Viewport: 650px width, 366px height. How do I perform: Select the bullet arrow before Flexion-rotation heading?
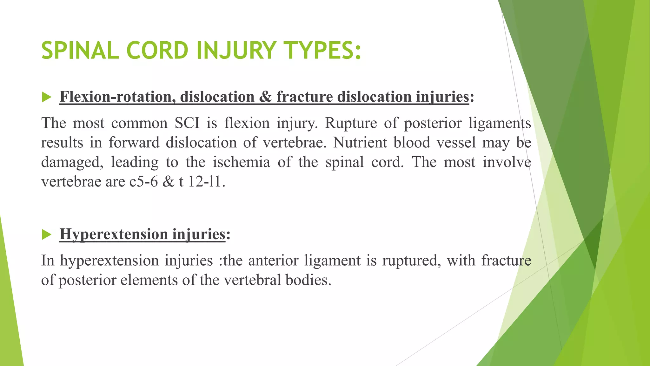click(x=46, y=97)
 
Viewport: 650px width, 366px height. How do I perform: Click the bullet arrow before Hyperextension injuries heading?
click(x=46, y=235)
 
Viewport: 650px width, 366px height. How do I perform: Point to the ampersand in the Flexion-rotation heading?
click(x=265, y=97)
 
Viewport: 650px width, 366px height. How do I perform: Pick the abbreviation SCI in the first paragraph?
click(x=187, y=123)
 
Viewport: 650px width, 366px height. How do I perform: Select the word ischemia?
click(x=241, y=162)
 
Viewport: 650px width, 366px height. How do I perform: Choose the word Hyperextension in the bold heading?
click(x=114, y=234)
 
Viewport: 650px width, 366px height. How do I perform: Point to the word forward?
click(x=134, y=143)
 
